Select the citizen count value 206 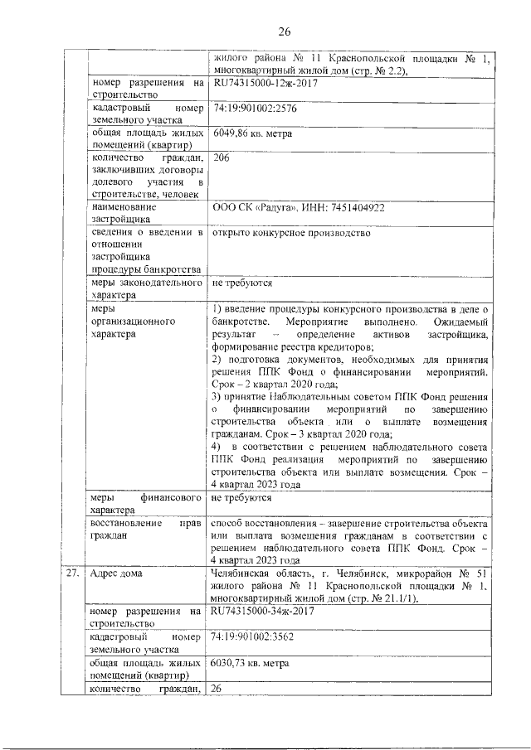tap(221, 157)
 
